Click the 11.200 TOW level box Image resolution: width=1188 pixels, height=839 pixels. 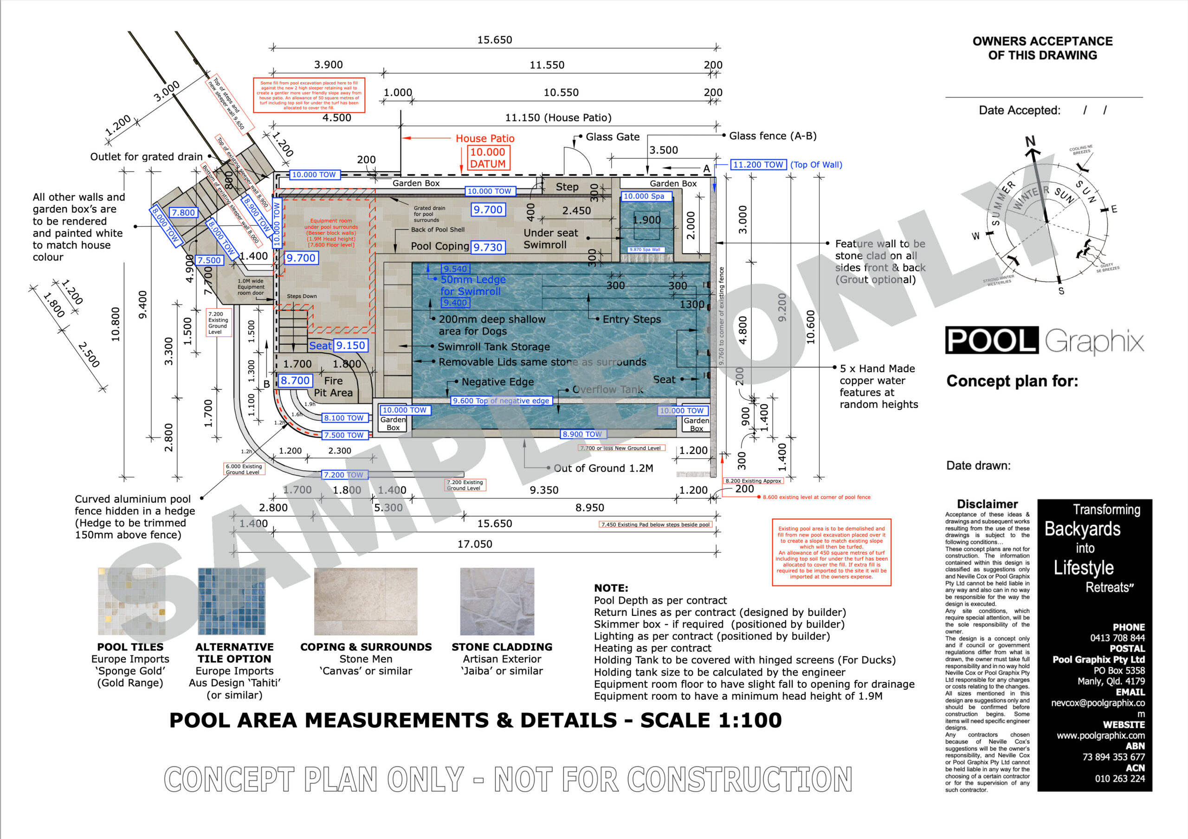click(758, 164)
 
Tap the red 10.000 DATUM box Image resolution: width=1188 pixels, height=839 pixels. click(488, 158)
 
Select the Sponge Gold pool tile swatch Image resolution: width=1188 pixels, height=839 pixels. click(131, 601)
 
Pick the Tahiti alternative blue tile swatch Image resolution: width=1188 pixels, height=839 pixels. click(232, 601)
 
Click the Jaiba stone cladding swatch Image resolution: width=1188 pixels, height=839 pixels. click(497, 601)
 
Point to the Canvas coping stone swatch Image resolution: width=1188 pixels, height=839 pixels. click(366, 601)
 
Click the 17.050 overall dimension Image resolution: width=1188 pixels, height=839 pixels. click(474, 544)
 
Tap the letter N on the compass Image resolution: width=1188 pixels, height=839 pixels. click(1030, 141)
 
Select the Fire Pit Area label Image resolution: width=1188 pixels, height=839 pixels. click(333, 387)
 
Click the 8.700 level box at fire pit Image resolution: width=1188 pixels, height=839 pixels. click(295, 381)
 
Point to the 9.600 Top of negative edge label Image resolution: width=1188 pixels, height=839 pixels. click(500, 400)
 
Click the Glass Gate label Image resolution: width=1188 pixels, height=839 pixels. click(613, 136)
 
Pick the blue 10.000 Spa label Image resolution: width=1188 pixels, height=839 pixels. click(646, 196)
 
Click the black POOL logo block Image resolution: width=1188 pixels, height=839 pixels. click(991, 340)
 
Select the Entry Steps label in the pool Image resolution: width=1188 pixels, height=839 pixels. click(631, 319)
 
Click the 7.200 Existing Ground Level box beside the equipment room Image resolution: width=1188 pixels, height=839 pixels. click(218, 322)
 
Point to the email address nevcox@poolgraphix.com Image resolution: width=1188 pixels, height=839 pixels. click(1098, 703)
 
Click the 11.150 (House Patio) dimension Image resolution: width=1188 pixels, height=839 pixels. click(558, 117)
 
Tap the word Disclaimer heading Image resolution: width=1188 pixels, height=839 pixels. click(987, 504)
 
